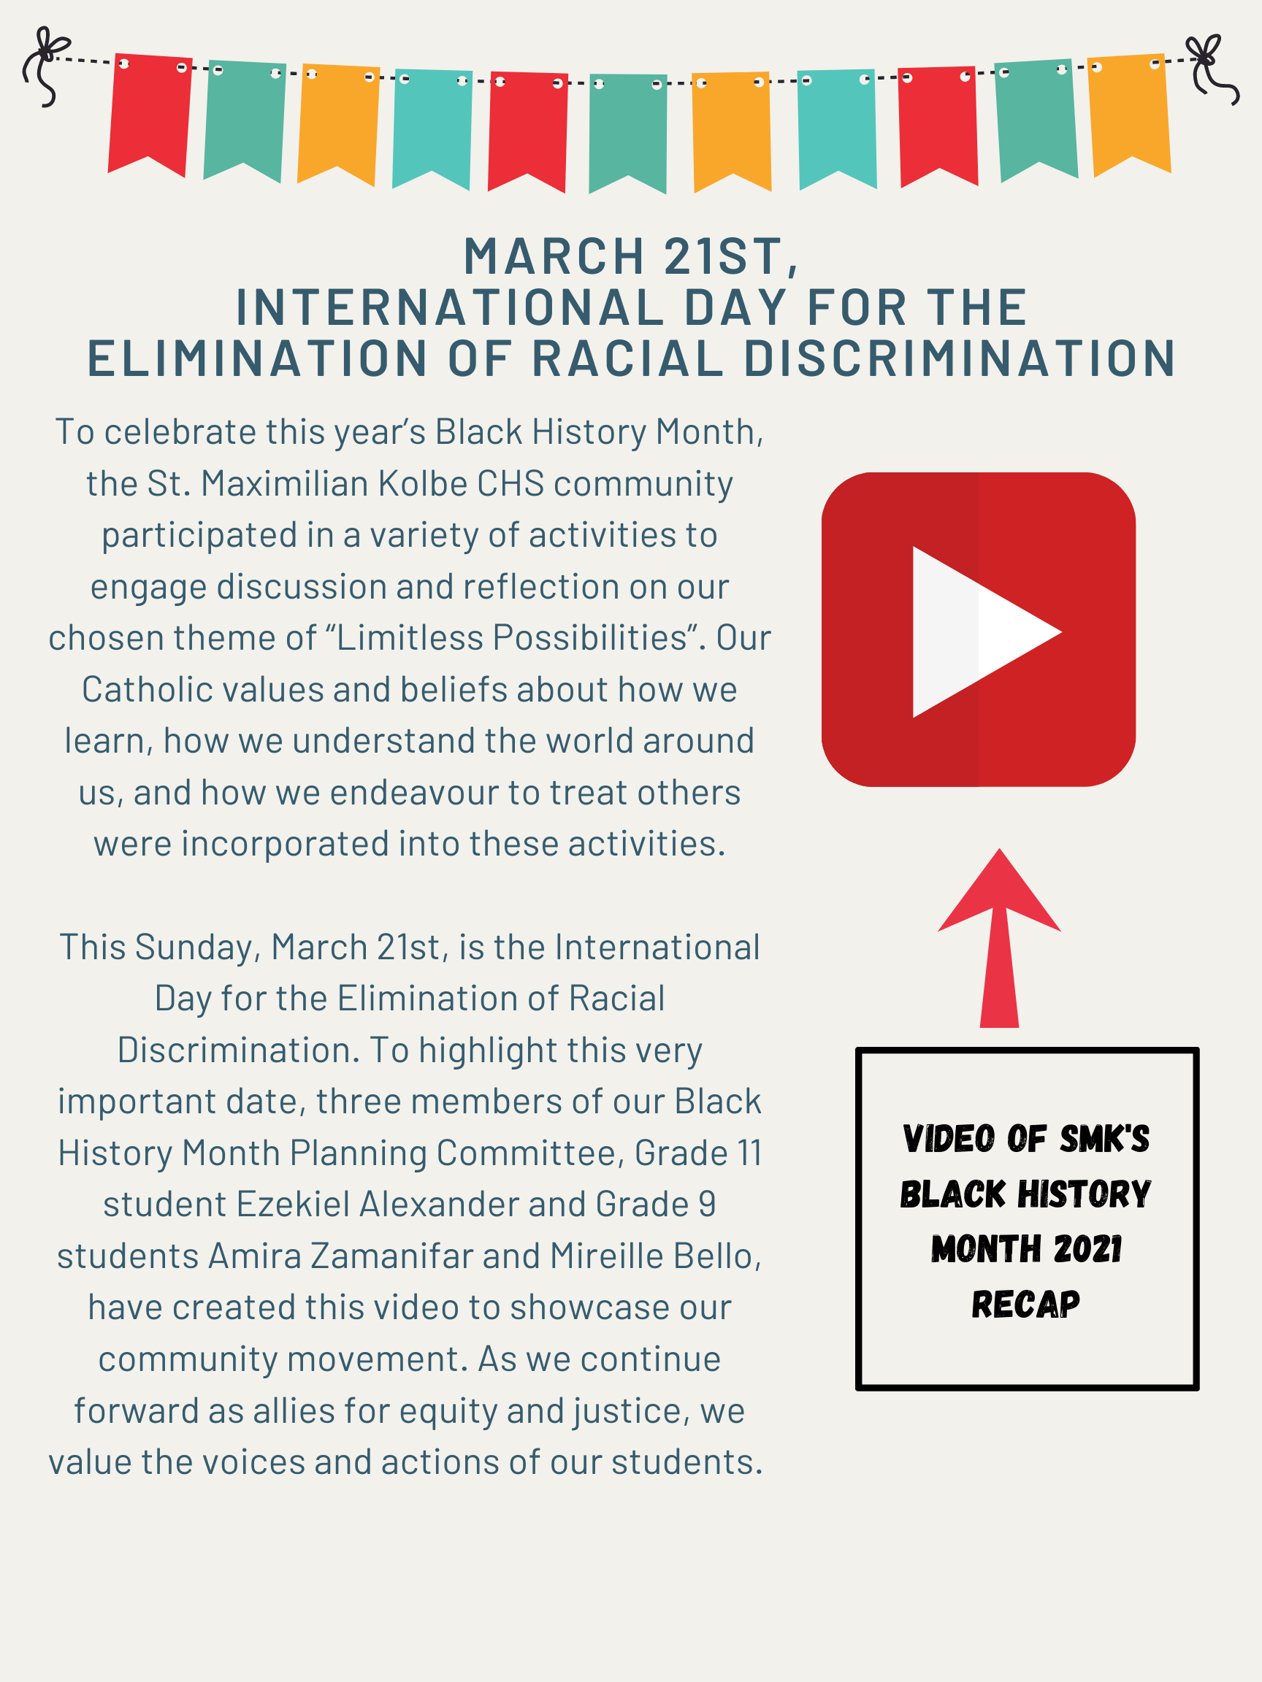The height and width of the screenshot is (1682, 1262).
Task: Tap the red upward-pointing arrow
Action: pyautogui.click(x=1000, y=938)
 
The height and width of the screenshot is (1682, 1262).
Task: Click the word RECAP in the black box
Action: pyautogui.click(x=1025, y=1305)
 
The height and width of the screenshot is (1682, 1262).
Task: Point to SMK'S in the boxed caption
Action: pyautogui.click(x=1104, y=1138)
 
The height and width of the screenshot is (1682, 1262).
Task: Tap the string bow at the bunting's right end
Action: pyautogui.click(x=1212, y=69)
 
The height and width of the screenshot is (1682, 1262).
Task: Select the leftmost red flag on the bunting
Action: pyautogui.click(x=150, y=114)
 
